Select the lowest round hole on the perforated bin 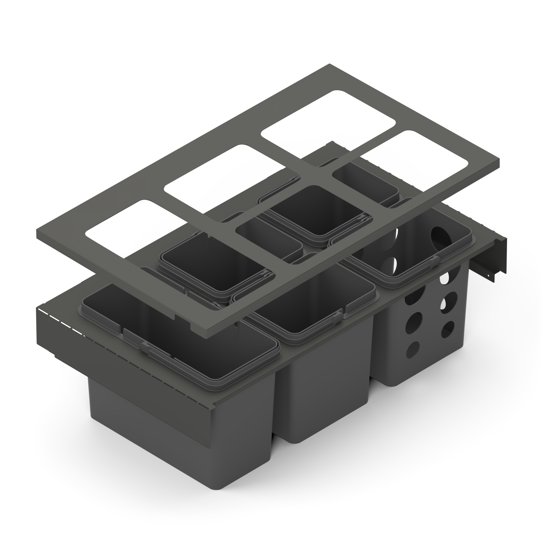coord(412,350)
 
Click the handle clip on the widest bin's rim coord(158,352)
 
